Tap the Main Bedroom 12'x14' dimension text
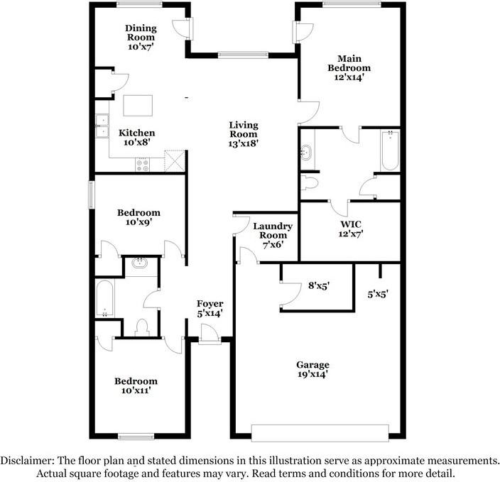(x=349, y=77)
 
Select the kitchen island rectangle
(x=138, y=106)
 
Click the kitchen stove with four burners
(x=142, y=165)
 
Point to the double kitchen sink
(x=102, y=126)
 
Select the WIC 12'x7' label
(x=351, y=229)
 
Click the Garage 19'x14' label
(x=312, y=369)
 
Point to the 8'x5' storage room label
(x=319, y=285)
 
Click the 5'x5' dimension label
(x=378, y=294)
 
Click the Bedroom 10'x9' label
(x=138, y=217)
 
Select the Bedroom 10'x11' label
(x=136, y=385)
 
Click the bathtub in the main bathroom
(x=390, y=150)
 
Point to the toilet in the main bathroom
(x=310, y=183)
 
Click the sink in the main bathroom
(x=307, y=153)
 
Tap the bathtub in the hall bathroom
(x=105, y=298)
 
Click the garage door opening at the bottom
(x=320, y=433)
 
